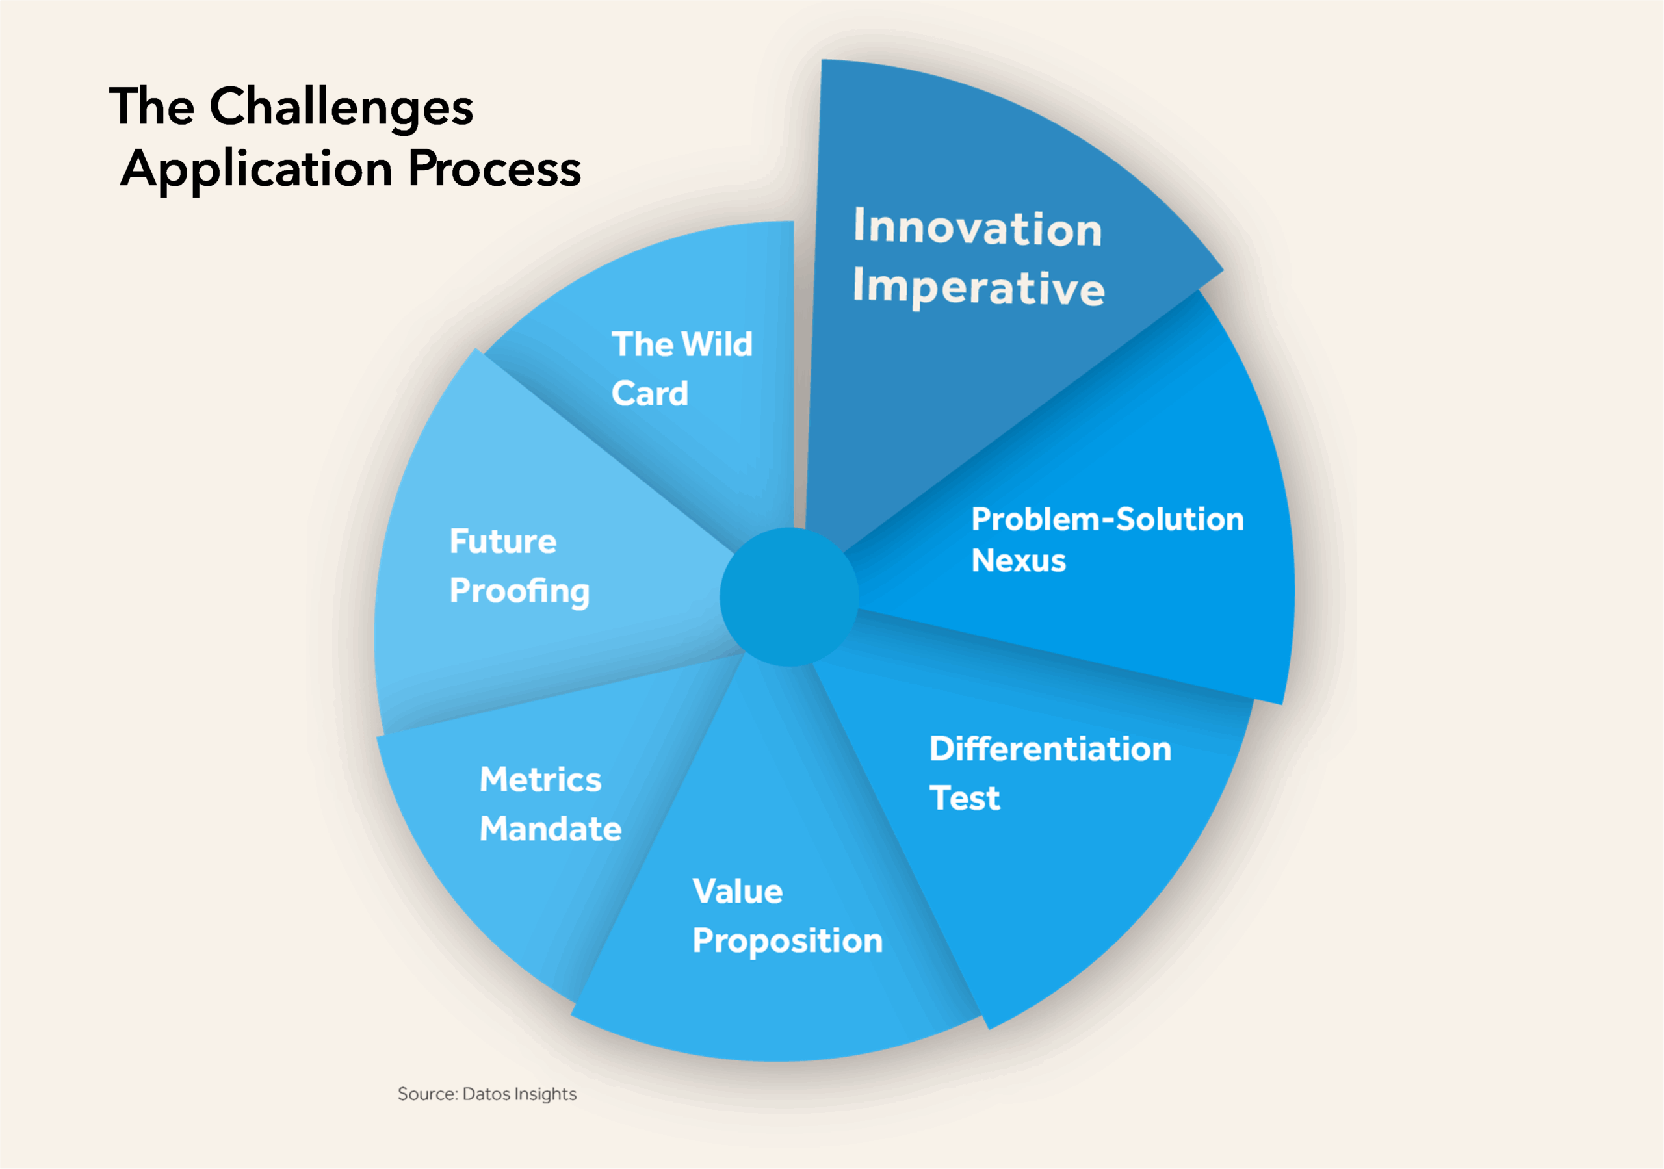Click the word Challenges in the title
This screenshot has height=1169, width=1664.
[341, 107]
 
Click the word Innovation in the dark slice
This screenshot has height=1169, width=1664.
[978, 227]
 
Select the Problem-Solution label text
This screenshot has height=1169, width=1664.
[1108, 519]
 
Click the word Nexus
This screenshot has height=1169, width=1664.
[1019, 561]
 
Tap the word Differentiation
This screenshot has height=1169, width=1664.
[1050, 749]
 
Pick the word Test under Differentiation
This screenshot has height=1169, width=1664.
[965, 798]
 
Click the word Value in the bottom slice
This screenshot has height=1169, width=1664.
[738, 892]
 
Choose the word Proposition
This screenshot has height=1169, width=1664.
[788, 942]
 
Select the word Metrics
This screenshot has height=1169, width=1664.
[541, 780]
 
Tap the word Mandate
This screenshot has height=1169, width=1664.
[551, 829]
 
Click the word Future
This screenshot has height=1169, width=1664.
[503, 541]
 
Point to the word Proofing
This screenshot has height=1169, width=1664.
[519, 591]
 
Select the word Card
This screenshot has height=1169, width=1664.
[649, 394]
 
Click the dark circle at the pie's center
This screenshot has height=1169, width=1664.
[789, 597]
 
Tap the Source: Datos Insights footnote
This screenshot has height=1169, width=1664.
[487, 1094]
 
